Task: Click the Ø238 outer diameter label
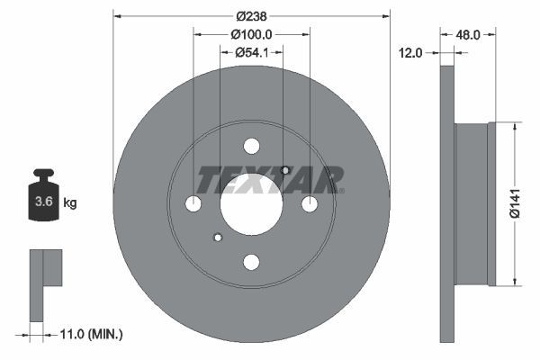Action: (x=251, y=15)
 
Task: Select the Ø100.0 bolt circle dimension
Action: (x=251, y=33)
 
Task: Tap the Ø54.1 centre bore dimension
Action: (x=251, y=52)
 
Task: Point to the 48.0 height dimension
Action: (x=468, y=34)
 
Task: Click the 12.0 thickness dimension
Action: (x=410, y=53)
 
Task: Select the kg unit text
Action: (x=70, y=203)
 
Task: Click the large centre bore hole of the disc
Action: (x=251, y=204)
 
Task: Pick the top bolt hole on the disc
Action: (x=251, y=147)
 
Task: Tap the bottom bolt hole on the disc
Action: (x=251, y=262)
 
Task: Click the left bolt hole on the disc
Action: (x=193, y=204)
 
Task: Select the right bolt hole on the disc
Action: (x=310, y=204)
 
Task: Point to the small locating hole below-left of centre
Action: (x=217, y=238)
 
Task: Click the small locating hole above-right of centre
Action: (x=285, y=171)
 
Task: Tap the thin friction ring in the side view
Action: (x=449, y=202)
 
